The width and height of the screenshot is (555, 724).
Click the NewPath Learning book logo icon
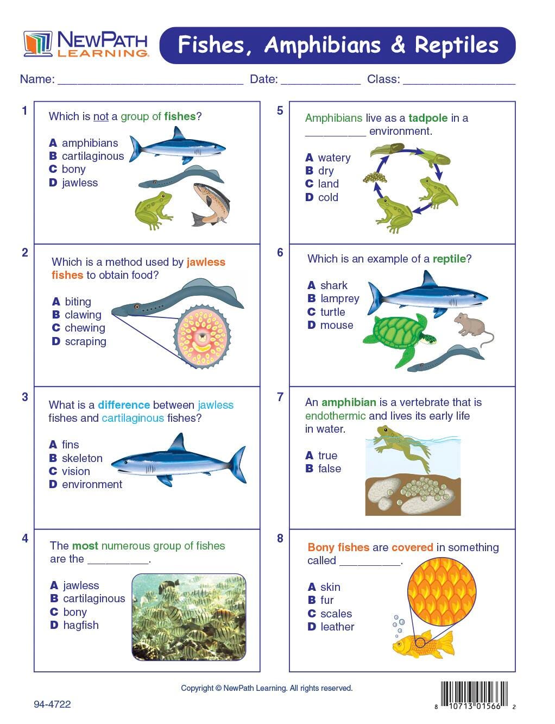click(37, 43)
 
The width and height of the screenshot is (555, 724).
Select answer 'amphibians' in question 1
click(90, 143)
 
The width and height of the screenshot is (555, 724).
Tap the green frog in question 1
click(153, 210)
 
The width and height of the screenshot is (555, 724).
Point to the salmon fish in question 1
click(211, 204)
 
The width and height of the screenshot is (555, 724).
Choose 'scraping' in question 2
click(85, 341)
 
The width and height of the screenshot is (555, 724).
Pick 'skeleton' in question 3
click(82, 458)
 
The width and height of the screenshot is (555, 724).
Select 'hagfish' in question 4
click(81, 625)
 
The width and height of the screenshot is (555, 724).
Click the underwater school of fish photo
click(189, 617)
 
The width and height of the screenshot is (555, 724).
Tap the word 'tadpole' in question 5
click(428, 118)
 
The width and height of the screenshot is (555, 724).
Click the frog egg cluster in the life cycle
click(375, 177)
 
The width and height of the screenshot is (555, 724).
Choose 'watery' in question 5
click(334, 158)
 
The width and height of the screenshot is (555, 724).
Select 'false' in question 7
click(330, 469)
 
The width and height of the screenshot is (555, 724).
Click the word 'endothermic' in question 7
click(335, 416)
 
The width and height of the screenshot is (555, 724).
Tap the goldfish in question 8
click(423, 645)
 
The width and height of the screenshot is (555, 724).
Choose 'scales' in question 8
click(336, 613)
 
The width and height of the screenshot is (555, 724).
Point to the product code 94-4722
click(52, 704)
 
